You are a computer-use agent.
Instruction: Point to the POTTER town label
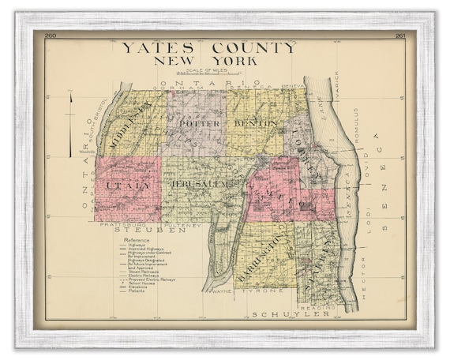click(197, 124)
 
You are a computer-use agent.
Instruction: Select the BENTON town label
click(255, 124)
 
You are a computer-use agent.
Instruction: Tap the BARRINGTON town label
click(268, 253)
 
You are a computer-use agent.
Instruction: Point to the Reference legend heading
click(130, 239)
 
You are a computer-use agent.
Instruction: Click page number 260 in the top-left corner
click(51, 36)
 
